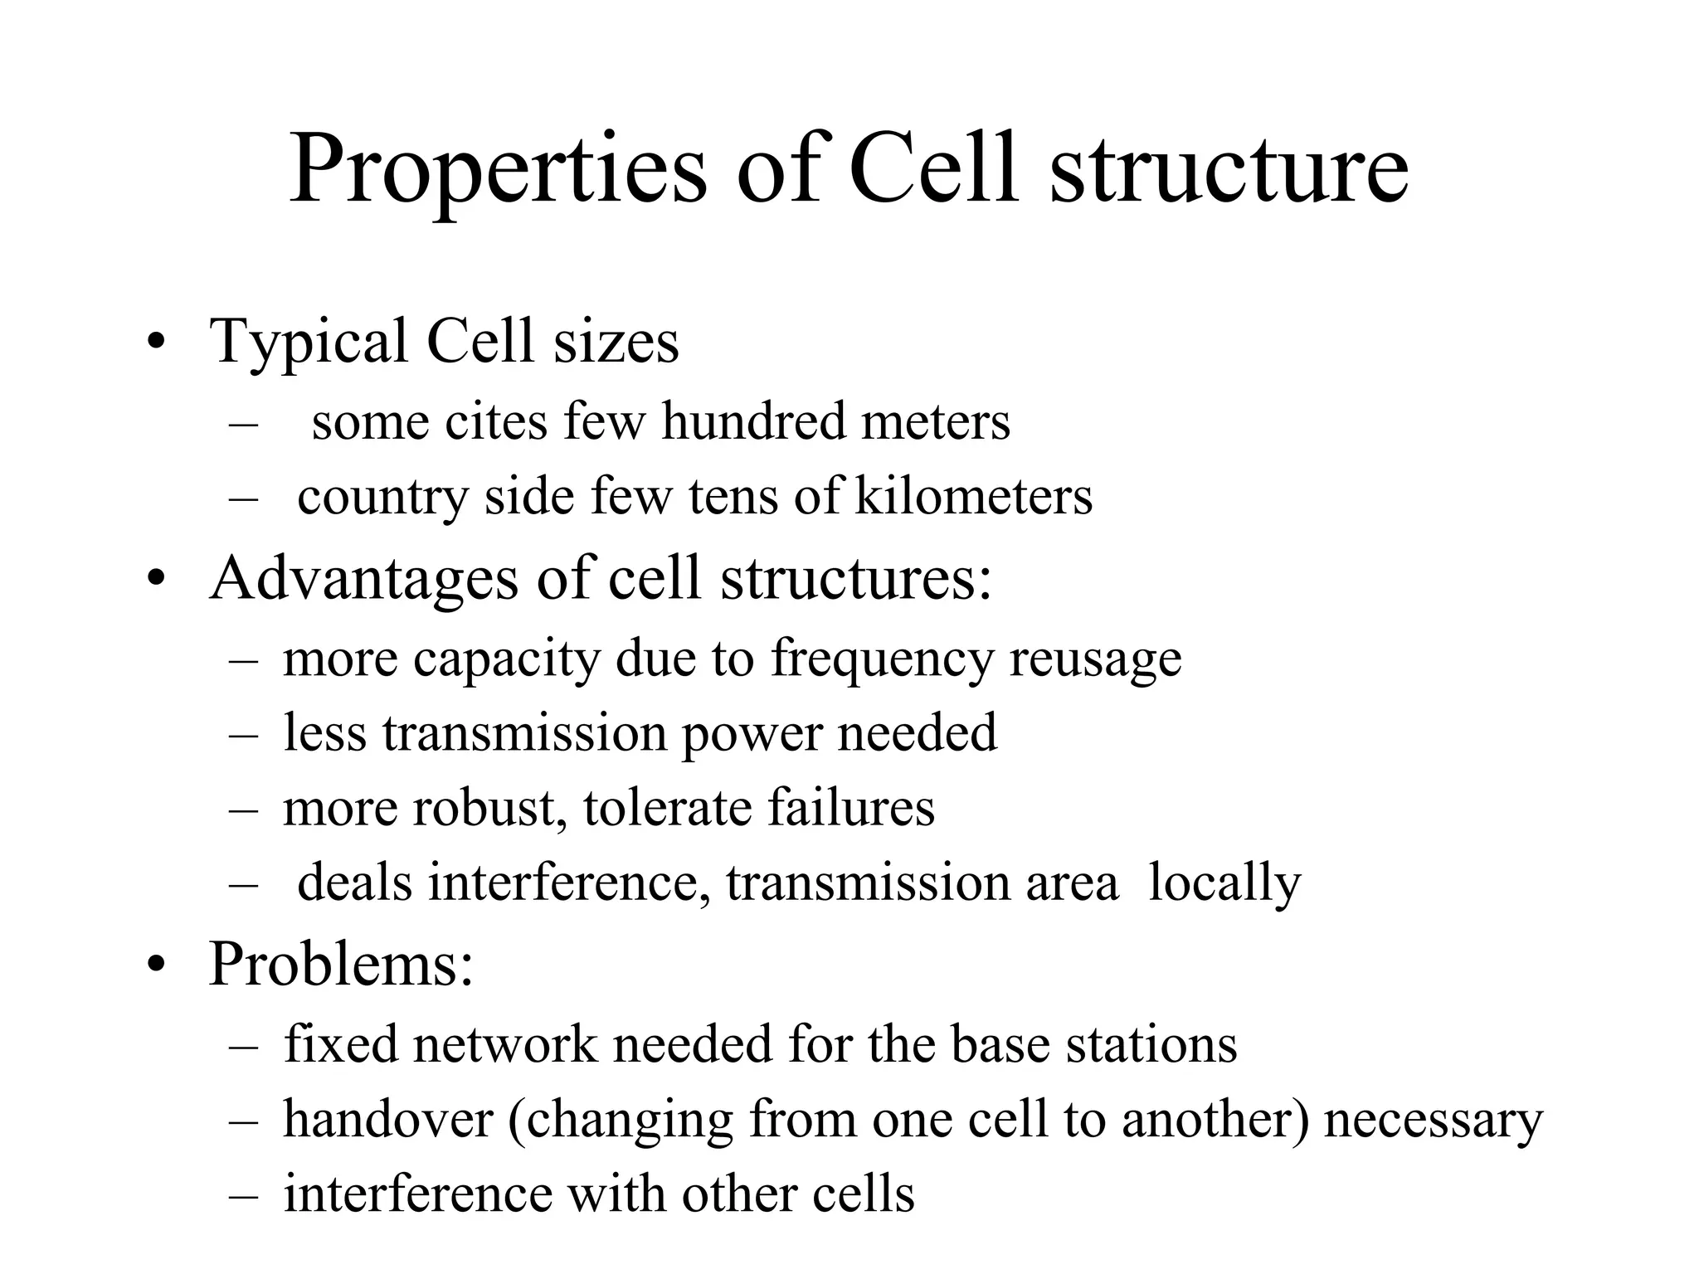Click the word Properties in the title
pos(498,173)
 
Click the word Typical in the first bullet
pos(309,342)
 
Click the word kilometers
pos(973,496)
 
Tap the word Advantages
pos(363,579)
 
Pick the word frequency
pos(881,659)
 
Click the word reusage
pos(1095,659)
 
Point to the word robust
pos(484,807)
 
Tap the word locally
pos(1224,883)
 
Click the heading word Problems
pos(341,964)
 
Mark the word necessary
pos(1433,1121)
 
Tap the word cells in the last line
pos(863,1194)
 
